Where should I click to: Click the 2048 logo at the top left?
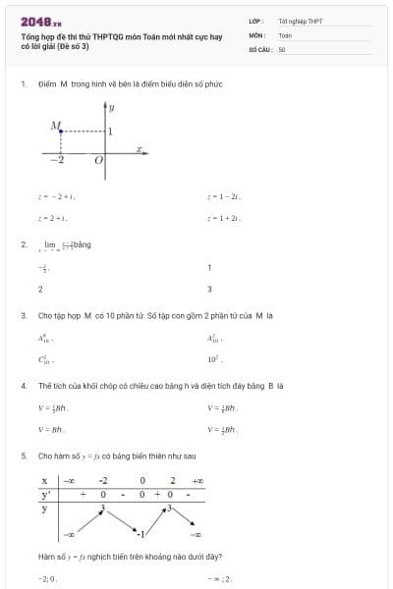coord(40,21)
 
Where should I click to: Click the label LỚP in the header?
coord(255,20)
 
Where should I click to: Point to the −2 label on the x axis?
coord(59,159)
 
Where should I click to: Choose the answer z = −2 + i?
coord(49,197)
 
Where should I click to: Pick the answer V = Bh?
coord(50,429)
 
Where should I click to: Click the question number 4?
coord(23,386)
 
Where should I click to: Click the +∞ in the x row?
coord(197,482)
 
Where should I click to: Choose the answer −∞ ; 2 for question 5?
coord(219,579)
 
